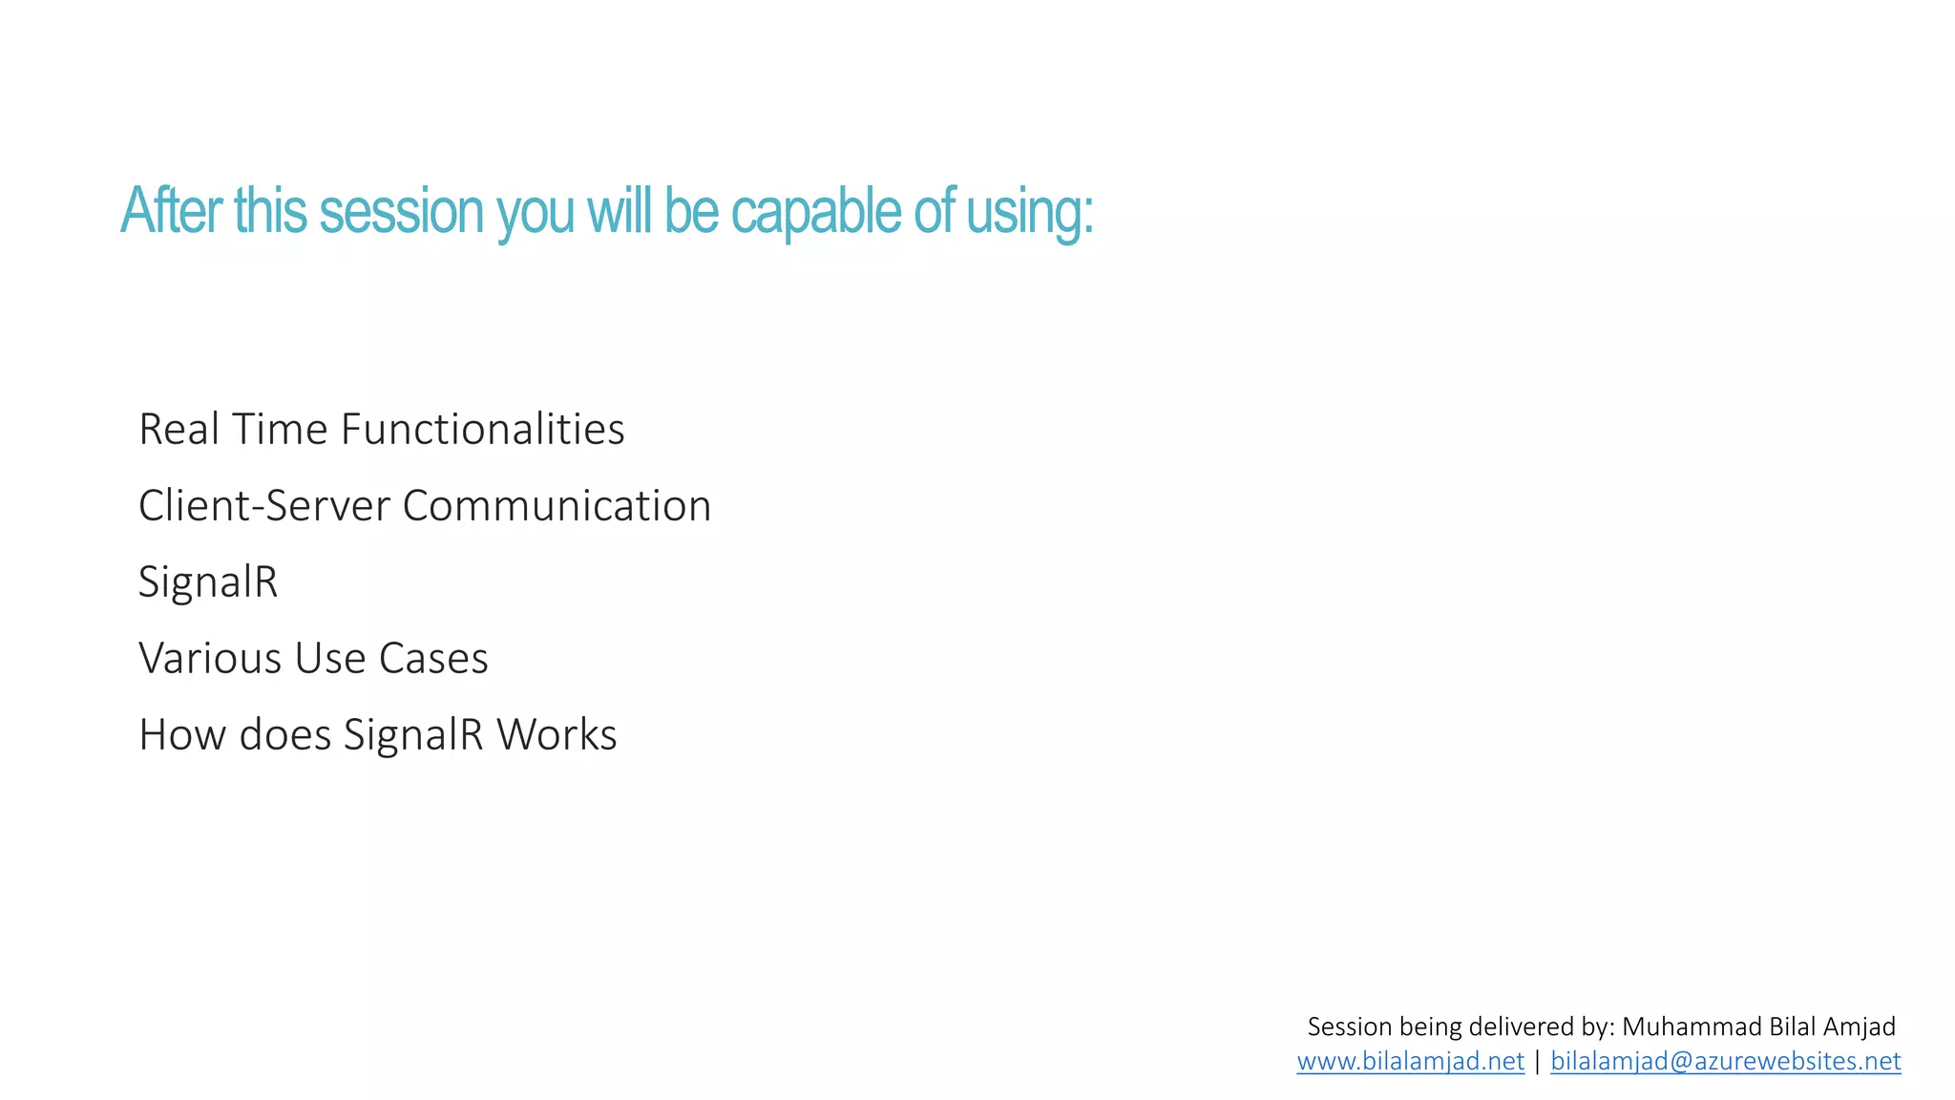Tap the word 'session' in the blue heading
pyautogui.click(x=401, y=211)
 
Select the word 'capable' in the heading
pyautogui.click(x=815, y=211)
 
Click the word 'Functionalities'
pyautogui.click(x=482, y=429)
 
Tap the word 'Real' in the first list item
pyautogui.click(x=179, y=429)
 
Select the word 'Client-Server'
pyautogui.click(x=263, y=505)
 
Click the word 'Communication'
pyautogui.click(x=557, y=505)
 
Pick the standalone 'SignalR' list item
pyautogui.click(x=208, y=582)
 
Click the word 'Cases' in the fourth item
pyautogui.click(x=433, y=658)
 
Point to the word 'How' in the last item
pyautogui.click(x=181, y=734)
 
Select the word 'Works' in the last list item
pyautogui.click(x=557, y=734)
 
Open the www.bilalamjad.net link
pyautogui.click(x=1410, y=1061)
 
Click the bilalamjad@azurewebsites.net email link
pyautogui.click(x=1725, y=1061)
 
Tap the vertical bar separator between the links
pyautogui.click(x=1537, y=1061)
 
